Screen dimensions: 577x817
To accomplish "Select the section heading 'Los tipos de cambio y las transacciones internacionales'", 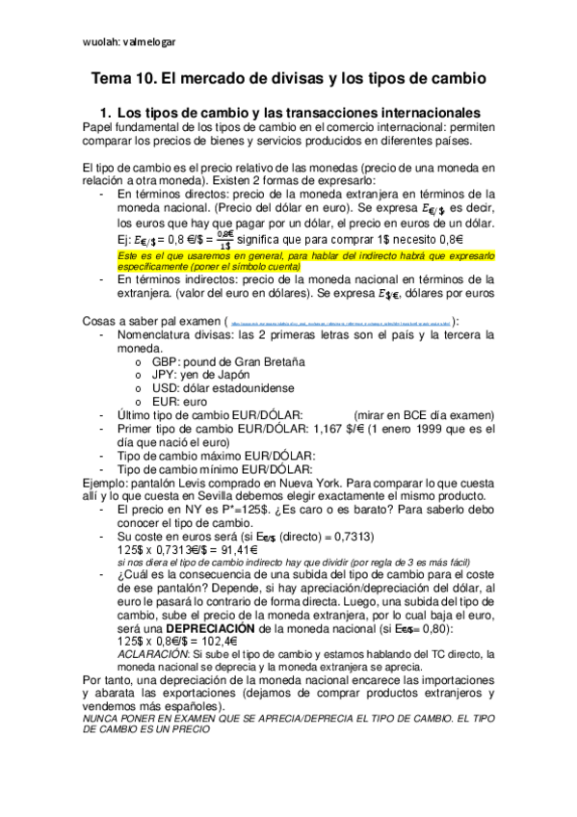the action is coord(299,113).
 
